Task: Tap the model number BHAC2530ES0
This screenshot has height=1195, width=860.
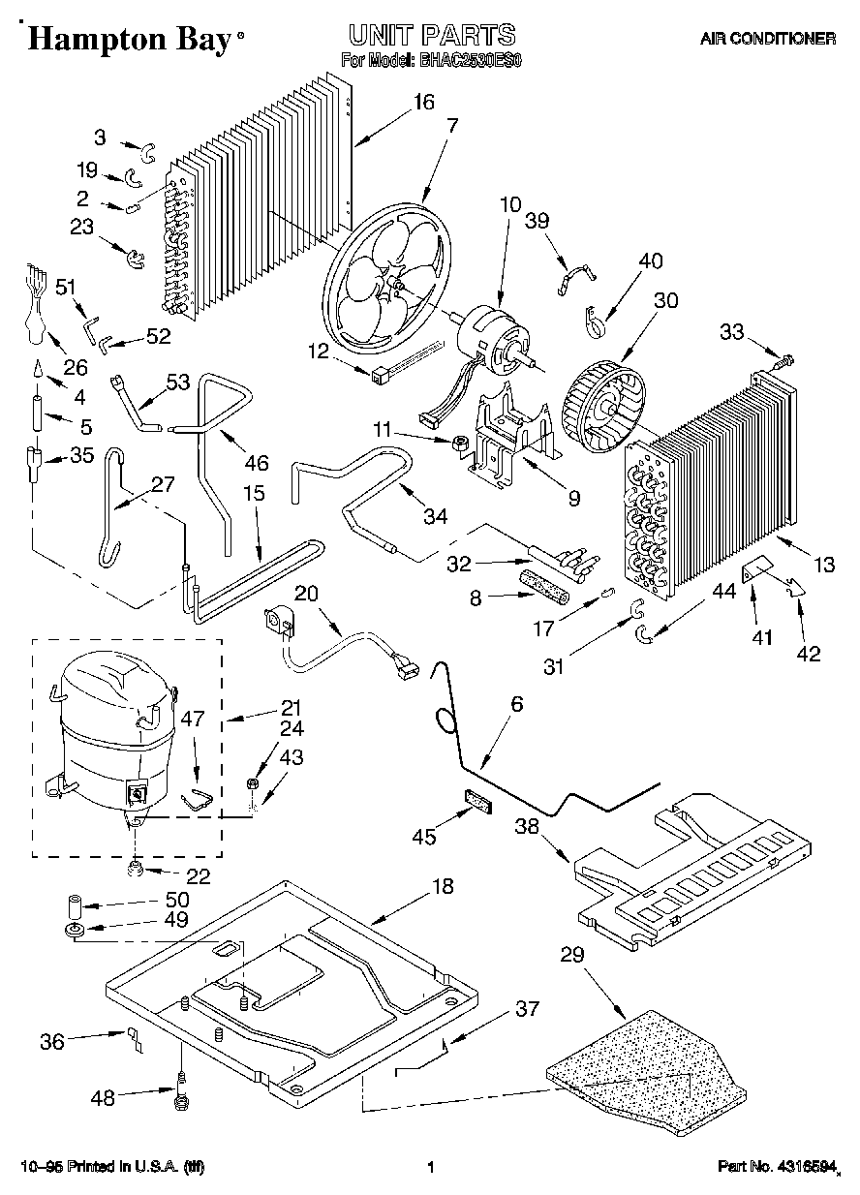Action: (x=470, y=60)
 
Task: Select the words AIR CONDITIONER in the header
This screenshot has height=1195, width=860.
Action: (x=768, y=39)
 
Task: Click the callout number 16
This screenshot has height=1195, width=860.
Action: (x=424, y=103)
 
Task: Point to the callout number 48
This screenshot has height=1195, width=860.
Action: (x=103, y=1098)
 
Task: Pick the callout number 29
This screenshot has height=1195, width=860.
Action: (x=572, y=955)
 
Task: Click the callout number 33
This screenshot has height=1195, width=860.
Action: (x=731, y=332)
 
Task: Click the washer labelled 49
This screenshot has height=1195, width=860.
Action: (x=76, y=930)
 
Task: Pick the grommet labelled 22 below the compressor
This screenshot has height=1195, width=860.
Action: (x=136, y=869)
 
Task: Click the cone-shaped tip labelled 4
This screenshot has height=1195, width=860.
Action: (x=39, y=369)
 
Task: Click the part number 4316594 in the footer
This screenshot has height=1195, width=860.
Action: (x=804, y=1166)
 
